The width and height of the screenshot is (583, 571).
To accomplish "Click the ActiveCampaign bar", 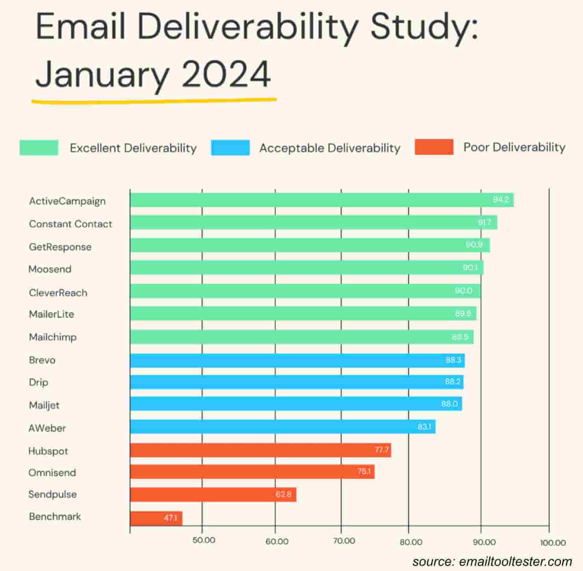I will point(321,200).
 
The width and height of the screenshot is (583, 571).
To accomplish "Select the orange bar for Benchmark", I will point(156,518).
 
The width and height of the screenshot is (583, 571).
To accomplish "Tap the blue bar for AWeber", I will point(282,427).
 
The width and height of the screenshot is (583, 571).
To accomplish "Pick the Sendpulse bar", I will point(213,495).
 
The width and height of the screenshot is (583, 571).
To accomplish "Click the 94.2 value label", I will point(500,200).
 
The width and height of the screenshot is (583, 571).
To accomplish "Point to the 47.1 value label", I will point(170,518).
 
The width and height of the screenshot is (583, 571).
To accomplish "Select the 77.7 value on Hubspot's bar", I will point(382,450).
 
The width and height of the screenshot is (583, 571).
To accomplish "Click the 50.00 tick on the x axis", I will point(204,540).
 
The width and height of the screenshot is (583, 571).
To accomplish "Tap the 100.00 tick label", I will point(553,543).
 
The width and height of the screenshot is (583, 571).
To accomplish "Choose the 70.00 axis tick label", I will point(344,541).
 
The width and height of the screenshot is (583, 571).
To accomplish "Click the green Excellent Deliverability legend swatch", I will point(39,148).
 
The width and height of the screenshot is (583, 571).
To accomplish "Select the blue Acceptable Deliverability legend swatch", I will point(230,148).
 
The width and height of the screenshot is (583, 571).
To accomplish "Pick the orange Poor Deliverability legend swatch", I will point(434,147).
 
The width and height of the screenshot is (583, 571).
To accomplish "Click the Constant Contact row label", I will point(71,224).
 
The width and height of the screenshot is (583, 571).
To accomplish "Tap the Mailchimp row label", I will point(52,337).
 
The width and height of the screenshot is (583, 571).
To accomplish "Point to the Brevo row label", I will point(42,360).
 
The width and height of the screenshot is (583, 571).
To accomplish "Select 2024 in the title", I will point(226,74).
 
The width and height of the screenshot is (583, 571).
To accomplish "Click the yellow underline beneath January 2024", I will point(154,101).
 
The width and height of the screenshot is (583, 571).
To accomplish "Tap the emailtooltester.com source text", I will point(515,561).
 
